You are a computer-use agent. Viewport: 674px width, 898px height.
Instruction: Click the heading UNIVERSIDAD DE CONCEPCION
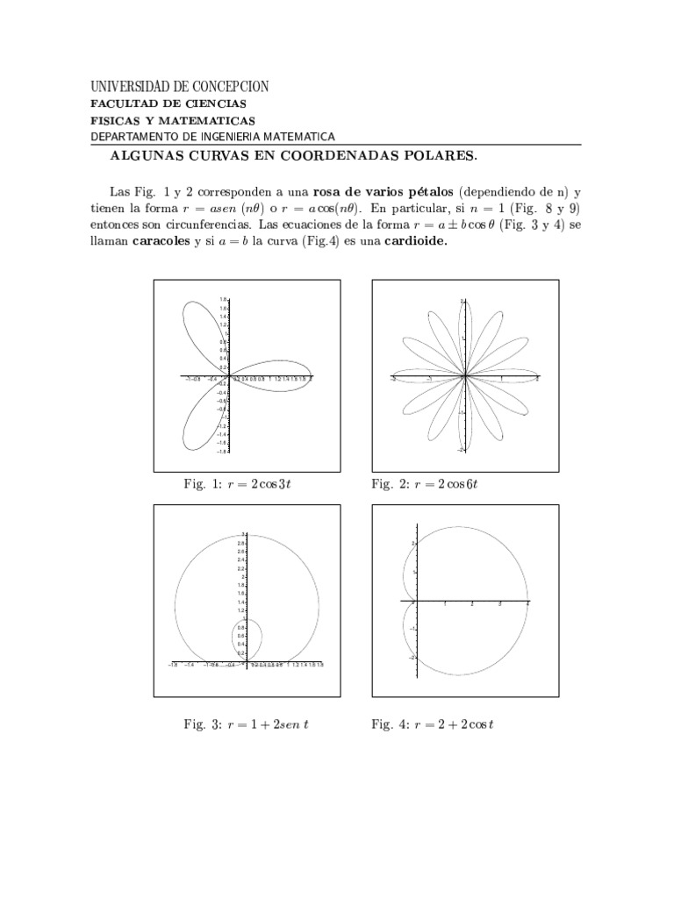[180, 86]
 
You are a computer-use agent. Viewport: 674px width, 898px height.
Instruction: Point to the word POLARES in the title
[441, 157]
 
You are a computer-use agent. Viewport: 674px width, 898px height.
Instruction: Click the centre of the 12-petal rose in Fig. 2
[463, 377]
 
